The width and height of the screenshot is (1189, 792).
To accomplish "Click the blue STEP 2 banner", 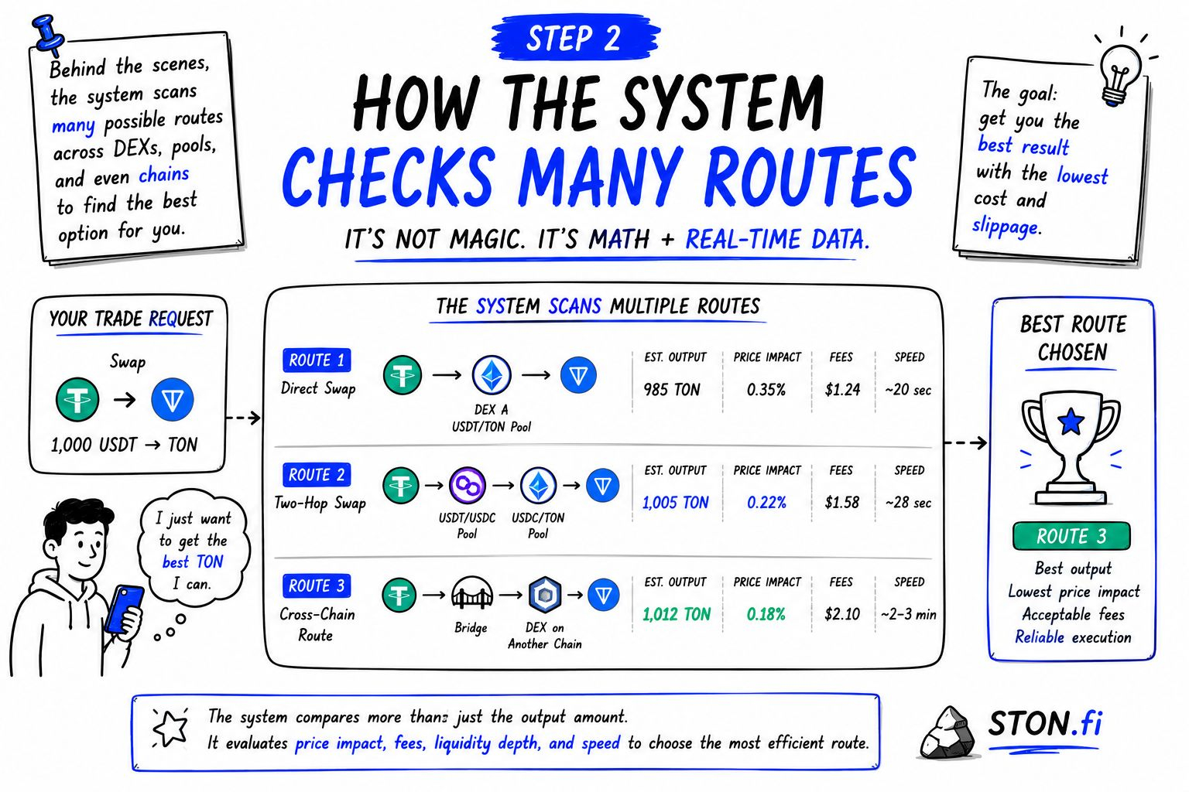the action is tap(575, 38).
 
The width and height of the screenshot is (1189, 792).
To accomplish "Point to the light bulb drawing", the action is tap(1120, 73).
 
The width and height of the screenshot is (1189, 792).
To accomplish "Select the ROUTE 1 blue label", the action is tap(317, 360).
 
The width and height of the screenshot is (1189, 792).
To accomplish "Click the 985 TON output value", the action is tap(671, 390).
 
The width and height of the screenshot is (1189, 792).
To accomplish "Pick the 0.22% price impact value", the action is tap(766, 503).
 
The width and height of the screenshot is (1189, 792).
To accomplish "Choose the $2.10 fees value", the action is tap(842, 614).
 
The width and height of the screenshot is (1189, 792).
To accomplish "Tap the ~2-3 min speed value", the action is tap(908, 614).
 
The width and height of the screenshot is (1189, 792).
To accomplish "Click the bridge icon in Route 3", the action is tap(471, 593).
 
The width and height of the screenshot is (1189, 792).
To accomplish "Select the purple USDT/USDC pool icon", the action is tap(467, 485).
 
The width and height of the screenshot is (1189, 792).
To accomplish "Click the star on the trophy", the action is tap(1071, 422).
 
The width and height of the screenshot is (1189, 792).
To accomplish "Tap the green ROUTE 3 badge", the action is tap(1071, 536).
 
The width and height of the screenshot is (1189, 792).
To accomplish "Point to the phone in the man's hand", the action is tap(124, 610).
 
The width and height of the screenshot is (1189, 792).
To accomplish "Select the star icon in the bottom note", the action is tap(170, 728).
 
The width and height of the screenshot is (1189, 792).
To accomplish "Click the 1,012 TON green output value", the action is tap(677, 614).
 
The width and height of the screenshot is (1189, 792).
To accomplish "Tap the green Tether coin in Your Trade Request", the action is tap(77, 399).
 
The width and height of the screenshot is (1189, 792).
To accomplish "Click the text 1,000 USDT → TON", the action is tap(124, 445).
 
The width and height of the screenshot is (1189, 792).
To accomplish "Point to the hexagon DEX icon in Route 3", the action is tap(545, 594).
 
